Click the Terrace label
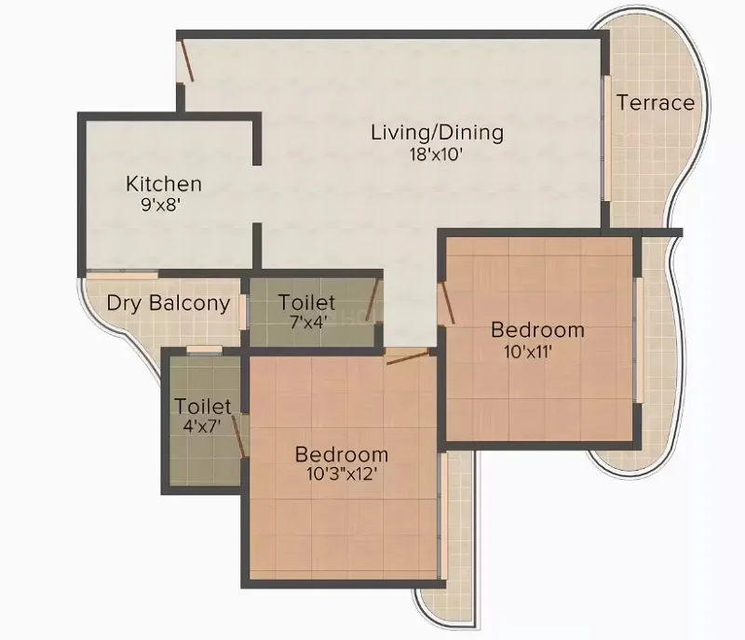pos(656,102)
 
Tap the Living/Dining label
pos(437,132)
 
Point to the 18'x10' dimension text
pos(436,154)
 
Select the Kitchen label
pos(164,184)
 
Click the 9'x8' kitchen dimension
pos(161,205)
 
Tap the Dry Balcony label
pos(169,303)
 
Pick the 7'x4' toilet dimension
pos(309,323)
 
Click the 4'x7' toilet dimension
pos(202,426)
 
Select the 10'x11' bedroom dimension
pos(527,352)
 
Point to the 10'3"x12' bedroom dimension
pos(342,473)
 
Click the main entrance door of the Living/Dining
pos(185,60)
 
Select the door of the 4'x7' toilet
pos(239,437)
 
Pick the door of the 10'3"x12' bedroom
pos(407,356)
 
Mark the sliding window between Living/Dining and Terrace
pos(607,139)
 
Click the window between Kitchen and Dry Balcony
pos(122,273)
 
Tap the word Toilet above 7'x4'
pos(306,302)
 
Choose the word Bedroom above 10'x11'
pos(537,330)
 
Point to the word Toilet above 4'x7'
pos(203,407)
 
